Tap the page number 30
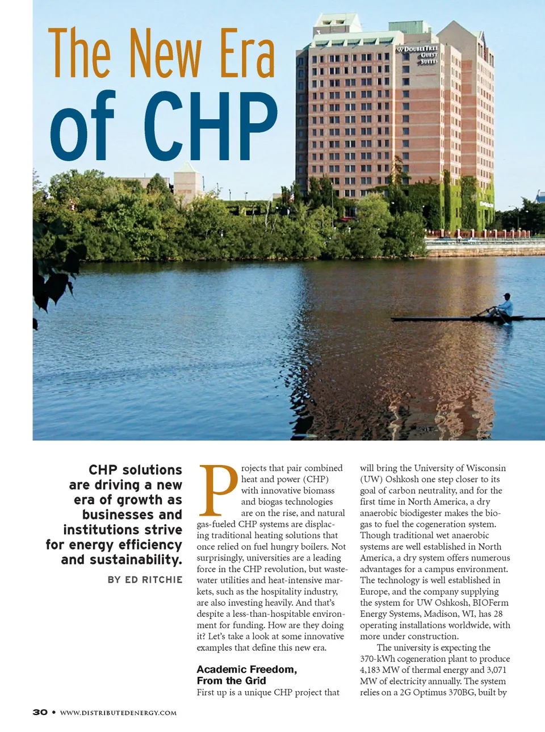click(x=40, y=712)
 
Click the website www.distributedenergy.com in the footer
click(x=118, y=713)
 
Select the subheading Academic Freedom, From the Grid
click(x=246, y=675)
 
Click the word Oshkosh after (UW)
click(x=402, y=479)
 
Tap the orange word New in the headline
click(x=165, y=54)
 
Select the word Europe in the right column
click(x=374, y=591)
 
